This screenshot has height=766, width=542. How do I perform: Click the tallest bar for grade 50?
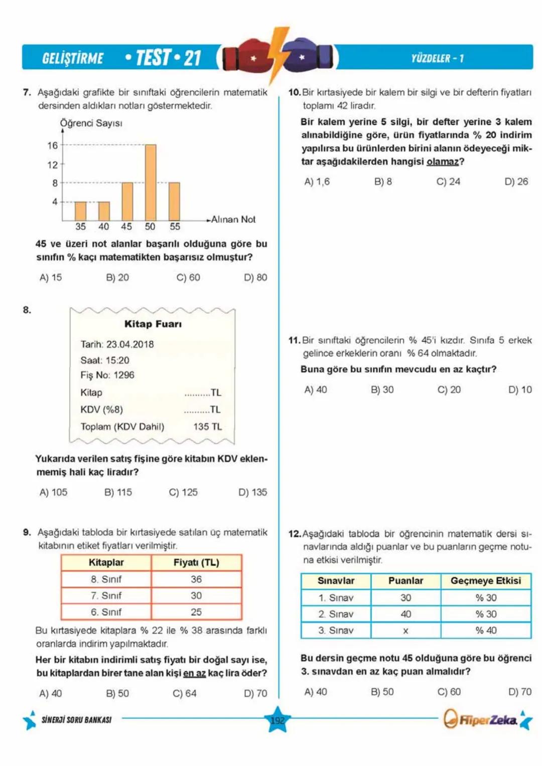(x=151, y=183)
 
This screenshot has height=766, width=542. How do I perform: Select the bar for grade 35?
(x=80, y=211)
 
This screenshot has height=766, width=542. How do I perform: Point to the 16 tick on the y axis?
(x=53, y=145)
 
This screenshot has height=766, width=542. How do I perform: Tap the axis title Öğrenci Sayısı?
(x=91, y=123)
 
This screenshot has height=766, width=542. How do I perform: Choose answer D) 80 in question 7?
(x=255, y=277)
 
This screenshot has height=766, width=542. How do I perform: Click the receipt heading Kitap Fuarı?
(x=153, y=324)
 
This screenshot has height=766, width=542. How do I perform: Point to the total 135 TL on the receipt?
(x=207, y=427)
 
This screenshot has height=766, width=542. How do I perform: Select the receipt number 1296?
(x=124, y=375)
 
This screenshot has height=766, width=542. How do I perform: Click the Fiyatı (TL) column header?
(x=196, y=563)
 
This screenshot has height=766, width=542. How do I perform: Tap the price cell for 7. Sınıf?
(x=196, y=595)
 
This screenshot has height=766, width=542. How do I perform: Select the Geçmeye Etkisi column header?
(x=486, y=581)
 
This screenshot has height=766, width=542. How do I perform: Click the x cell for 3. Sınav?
(x=405, y=631)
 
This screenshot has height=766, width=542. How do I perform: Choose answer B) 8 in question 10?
(x=383, y=182)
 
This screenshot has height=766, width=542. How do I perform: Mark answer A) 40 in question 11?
(x=316, y=390)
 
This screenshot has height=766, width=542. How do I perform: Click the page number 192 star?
(x=278, y=720)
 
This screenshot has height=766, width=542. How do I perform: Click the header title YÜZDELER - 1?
(x=437, y=58)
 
